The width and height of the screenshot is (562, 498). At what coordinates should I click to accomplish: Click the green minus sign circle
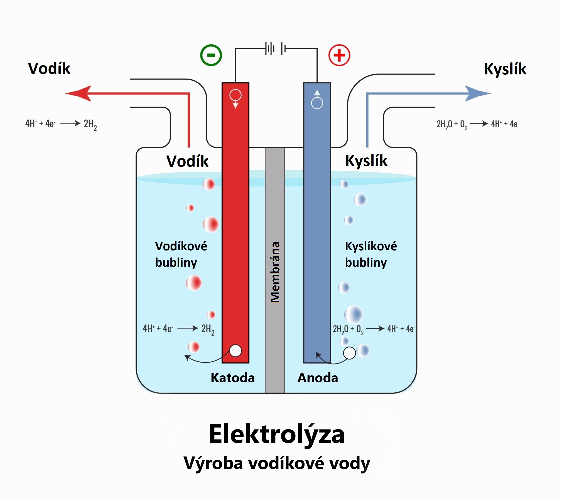coord(211,55)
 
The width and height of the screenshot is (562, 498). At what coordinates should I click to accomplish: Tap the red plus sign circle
coord(339,55)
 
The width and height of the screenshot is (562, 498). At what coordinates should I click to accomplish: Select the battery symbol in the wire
coord(276,49)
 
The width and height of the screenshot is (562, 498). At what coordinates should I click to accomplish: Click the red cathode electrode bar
coord(235,223)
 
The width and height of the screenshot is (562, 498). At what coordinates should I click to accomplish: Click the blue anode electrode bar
coord(317,223)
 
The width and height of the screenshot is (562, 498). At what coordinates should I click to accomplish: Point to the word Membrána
coord(275,272)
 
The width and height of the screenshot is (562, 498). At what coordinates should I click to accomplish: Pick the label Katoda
coord(233,378)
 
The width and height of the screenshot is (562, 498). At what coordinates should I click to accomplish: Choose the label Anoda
coord(318,378)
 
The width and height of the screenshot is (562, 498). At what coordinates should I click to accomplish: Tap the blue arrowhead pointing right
coord(477,93)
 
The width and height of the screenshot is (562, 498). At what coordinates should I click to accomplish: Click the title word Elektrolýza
coord(277,434)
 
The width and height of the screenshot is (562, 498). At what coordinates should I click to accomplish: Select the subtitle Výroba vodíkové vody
coord(277,463)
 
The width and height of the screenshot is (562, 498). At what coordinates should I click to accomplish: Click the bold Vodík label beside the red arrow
coord(49,68)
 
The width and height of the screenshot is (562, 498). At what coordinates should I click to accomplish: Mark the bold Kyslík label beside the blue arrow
coord(505,69)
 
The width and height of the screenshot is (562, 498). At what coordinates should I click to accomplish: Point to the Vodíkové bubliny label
coord(181,254)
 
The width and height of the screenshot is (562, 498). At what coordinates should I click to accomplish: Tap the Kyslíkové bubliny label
coord(371,254)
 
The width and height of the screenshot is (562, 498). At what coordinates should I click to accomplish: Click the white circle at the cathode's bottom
coord(235,351)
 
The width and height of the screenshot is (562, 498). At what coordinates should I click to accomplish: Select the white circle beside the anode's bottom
coord(349,353)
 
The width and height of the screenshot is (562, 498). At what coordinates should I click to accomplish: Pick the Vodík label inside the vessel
coord(187,161)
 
